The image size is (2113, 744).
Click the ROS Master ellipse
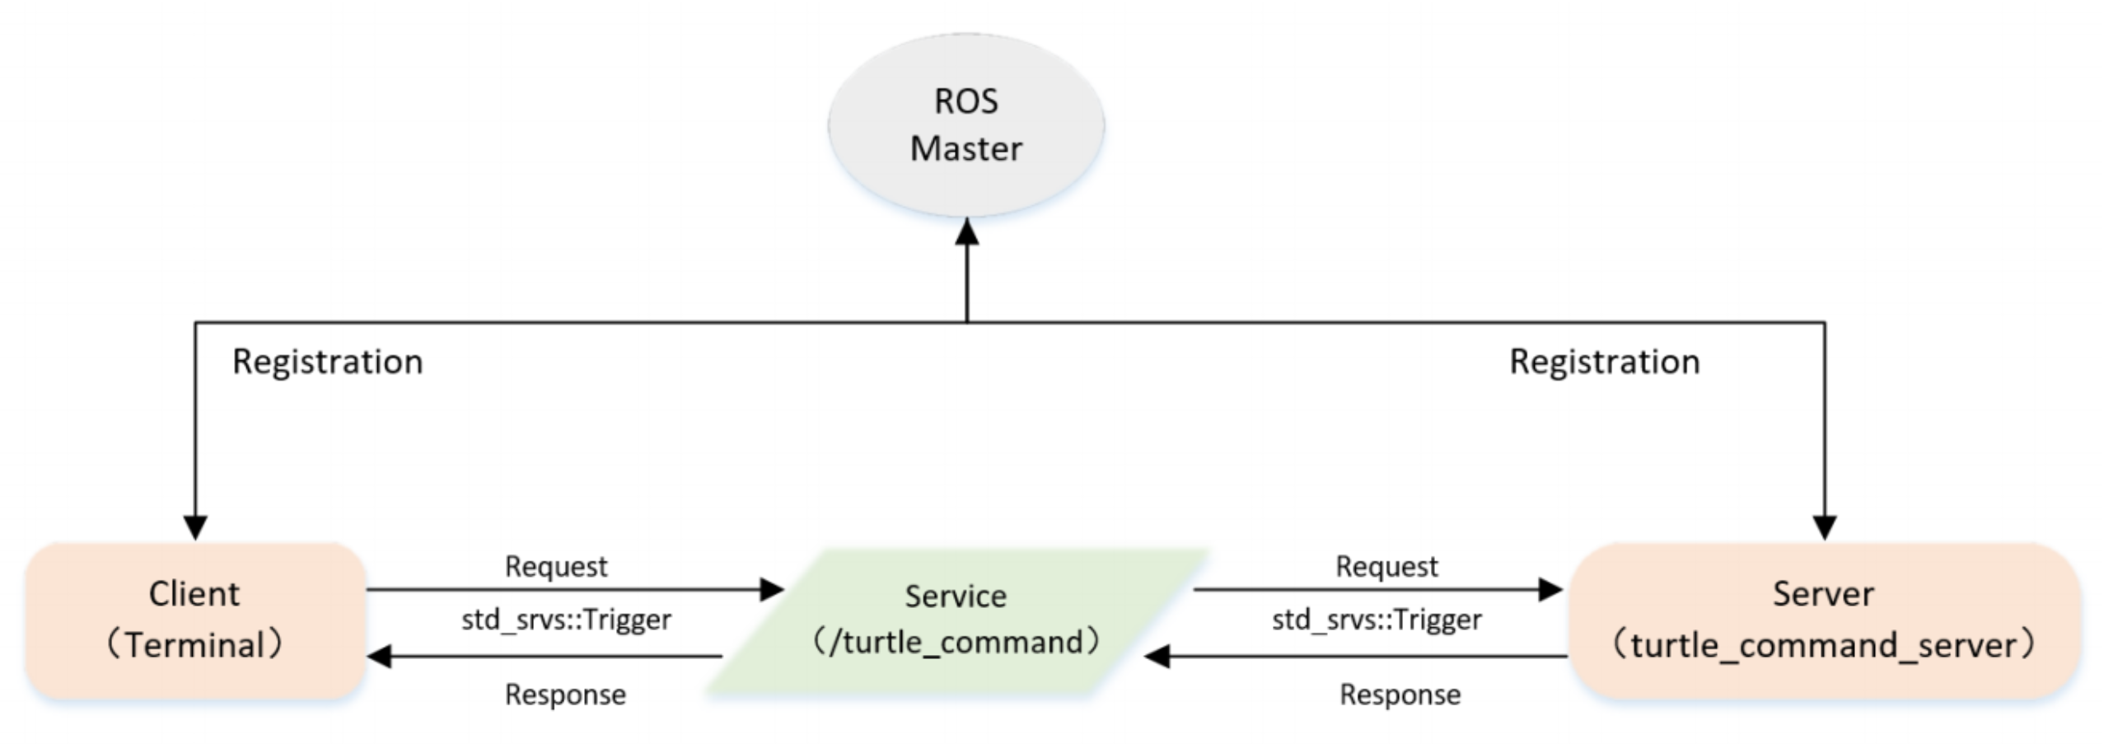point(965,125)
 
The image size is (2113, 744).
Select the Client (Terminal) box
point(195,620)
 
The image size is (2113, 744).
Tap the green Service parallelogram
point(956,620)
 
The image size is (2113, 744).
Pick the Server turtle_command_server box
point(1823,620)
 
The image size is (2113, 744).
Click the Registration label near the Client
point(327,362)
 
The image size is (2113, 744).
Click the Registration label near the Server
point(1604,362)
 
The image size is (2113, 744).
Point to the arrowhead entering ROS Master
point(966,232)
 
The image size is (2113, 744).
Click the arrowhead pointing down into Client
point(195,527)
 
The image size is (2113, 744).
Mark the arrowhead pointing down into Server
point(1825,527)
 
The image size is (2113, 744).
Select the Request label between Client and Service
point(556,566)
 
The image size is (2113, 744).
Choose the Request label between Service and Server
point(1386,566)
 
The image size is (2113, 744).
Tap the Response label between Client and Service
point(565,695)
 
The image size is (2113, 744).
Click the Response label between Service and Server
point(1400,695)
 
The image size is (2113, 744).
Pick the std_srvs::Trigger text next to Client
point(566,620)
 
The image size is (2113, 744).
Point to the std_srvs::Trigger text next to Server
point(1377,620)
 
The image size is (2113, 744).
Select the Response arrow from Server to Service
point(1359,657)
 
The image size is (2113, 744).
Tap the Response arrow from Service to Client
point(544,657)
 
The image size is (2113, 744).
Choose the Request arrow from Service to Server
point(1376,589)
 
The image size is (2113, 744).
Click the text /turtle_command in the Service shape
point(956,642)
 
